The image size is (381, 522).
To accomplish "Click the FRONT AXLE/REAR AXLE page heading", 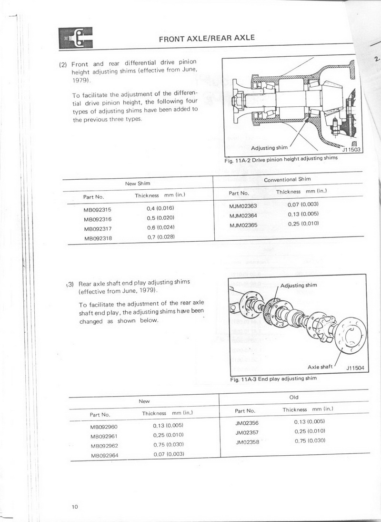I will [x=207, y=38].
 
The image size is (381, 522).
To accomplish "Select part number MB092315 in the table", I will [x=97, y=209].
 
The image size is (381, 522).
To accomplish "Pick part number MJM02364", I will [x=243, y=215].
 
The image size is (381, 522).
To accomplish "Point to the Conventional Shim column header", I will [x=287, y=180].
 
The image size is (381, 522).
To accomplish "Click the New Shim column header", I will [x=137, y=184].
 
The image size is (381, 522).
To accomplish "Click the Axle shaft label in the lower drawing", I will [x=320, y=367].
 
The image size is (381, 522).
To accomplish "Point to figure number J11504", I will [x=355, y=368].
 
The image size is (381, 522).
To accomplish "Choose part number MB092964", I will [x=104, y=456].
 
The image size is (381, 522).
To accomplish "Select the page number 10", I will [x=75, y=506].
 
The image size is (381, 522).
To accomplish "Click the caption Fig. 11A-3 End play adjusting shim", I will [x=273, y=379].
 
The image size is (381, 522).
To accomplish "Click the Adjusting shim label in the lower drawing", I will [x=299, y=285].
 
